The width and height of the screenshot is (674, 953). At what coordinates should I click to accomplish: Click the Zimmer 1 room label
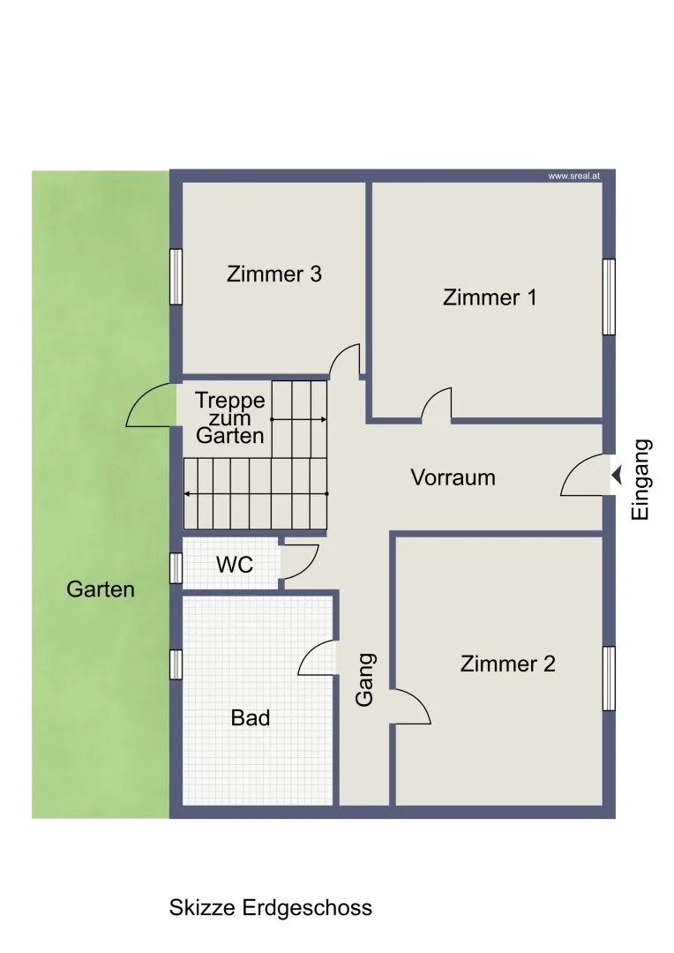click(490, 298)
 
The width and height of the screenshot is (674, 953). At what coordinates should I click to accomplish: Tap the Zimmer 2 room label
click(507, 664)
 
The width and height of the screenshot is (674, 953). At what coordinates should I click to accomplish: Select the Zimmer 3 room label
click(274, 274)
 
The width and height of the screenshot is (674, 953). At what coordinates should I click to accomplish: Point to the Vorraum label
click(453, 477)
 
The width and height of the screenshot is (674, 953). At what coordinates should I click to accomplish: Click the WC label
click(235, 565)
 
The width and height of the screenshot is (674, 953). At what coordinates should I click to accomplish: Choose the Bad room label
click(251, 717)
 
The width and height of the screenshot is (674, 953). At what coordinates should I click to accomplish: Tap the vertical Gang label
click(364, 680)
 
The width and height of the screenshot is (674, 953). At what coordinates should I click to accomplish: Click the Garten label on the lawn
click(101, 589)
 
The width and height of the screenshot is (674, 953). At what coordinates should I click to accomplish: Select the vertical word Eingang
click(640, 479)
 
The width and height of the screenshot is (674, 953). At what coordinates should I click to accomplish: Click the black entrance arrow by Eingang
click(617, 476)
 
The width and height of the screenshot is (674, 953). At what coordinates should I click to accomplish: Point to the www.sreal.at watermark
click(573, 176)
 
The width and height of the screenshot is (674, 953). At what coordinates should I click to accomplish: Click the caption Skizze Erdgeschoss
click(271, 907)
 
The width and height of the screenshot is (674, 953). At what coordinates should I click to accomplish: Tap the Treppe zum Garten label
click(229, 417)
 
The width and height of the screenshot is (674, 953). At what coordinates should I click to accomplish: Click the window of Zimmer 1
click(609, 296)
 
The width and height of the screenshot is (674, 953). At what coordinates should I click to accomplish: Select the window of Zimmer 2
click(609, 679)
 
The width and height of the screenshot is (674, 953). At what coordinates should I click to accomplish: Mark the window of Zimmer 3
click(176, 276)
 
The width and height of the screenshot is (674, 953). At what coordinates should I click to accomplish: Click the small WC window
click(176, 568)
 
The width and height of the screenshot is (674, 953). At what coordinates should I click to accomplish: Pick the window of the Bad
click(176, 664)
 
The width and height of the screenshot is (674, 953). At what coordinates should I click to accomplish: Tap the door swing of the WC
click(309, 567)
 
